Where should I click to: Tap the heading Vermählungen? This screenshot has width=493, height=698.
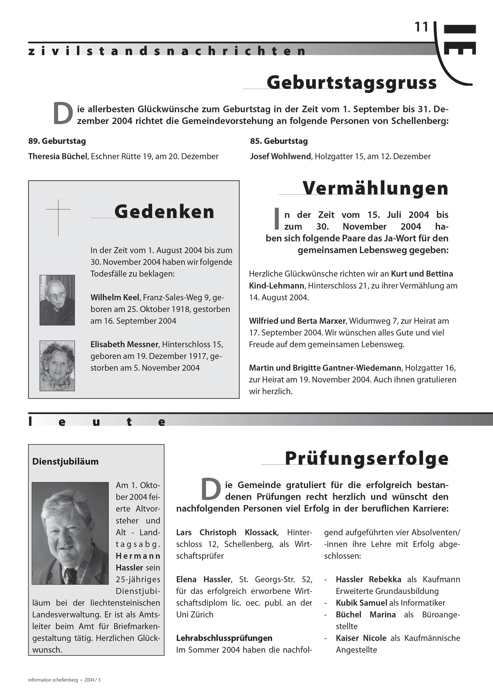pyautogui.click(x=375, y=188)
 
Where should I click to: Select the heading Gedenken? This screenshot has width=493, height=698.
pyautogui.click(x=164, y=212)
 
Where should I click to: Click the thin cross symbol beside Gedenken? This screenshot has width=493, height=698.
pyautogui.click(x=58, y=217)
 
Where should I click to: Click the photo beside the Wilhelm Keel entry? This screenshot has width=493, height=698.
pyautogui.click(x=57, y=300)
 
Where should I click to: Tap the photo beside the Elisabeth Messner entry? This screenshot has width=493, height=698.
pyautogui.click(x=57, y=366)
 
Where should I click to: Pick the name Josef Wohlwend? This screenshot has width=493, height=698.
pyautogui.click(x=280, y=156)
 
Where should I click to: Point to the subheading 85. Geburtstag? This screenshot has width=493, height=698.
pyautogui.click(x=279, y=141)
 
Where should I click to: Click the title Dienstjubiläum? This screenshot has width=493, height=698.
pyautogui.click(x=65, y=461)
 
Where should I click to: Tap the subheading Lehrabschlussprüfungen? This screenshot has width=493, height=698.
pyautogui.click(x=224, y=638)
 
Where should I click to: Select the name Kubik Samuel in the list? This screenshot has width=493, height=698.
pyautogui.click(x=361, y=603)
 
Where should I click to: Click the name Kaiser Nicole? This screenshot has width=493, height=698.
pyautogui.click(x=361, y=638)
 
